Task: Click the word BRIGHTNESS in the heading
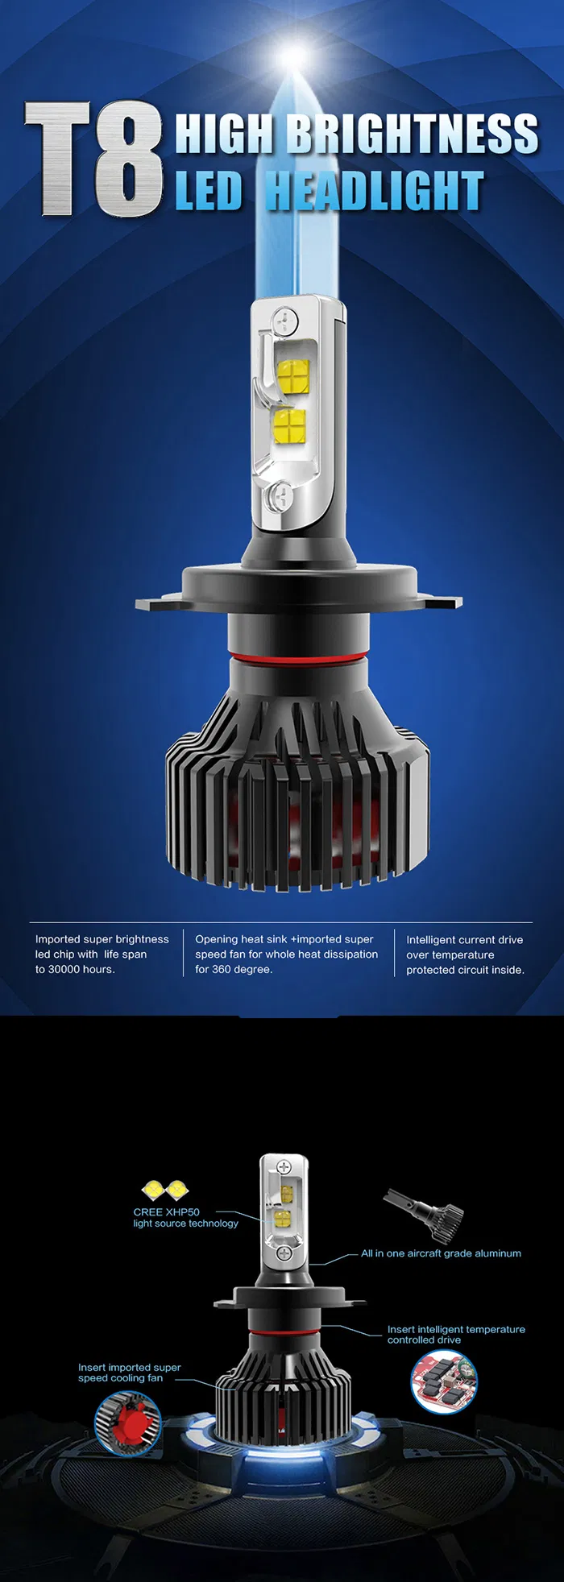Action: [413, 134]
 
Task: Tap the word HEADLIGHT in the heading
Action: [375, 191]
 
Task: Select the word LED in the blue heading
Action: [209, 191]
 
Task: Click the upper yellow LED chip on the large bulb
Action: [293, 375]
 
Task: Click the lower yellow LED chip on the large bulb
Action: [290, 424]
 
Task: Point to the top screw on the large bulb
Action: [282, 320]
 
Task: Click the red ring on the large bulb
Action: [290, 658]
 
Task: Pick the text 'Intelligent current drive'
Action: [465, 940]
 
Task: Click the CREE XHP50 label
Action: [166, 1211]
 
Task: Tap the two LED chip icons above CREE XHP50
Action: [165, 1189]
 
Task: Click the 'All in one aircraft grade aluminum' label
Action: [441, 1253]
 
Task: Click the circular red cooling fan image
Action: [128, 1425]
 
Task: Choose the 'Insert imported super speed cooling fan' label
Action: [130, 1373]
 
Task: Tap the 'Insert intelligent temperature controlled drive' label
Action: [456, 1335]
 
